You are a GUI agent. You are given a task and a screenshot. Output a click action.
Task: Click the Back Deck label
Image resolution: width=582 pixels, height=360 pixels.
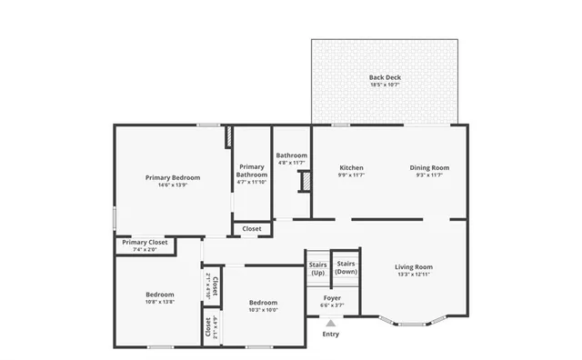point(385,77)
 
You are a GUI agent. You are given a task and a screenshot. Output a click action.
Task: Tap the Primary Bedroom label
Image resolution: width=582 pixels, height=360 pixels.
point(173,177)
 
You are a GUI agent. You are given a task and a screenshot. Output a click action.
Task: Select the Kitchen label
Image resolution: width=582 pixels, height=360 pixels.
point(352,167)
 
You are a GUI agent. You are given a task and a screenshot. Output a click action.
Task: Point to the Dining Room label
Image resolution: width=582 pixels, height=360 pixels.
point(429,167)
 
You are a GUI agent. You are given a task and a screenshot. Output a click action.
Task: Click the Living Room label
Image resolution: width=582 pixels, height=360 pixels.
point(414,266)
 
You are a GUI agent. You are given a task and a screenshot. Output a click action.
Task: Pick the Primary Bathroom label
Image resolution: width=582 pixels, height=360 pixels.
point(252,171)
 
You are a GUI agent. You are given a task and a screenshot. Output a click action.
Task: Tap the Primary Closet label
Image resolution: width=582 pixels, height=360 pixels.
point(145,243)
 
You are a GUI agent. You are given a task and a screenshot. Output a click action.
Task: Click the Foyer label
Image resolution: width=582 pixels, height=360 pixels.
point(332,297)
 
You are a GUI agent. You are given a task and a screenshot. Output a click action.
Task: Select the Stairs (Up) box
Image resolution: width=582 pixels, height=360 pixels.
point(317,268)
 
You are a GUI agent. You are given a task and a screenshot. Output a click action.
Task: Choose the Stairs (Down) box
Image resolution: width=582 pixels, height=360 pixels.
point(346,268)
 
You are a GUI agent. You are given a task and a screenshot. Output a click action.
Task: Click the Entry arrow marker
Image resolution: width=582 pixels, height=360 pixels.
point(331,322)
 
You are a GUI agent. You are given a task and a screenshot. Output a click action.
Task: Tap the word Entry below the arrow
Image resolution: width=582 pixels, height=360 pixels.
point(331,334)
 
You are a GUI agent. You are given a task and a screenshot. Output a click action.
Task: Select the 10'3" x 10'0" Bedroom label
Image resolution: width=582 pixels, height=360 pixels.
point(264,303)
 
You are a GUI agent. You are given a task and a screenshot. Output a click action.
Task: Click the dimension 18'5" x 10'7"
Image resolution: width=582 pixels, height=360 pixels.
point(385,87)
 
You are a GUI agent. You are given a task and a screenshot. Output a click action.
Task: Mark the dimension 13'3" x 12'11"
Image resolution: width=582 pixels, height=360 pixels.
point(414,274)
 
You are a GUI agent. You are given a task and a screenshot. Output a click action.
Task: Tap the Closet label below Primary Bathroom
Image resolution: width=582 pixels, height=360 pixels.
point(252,229)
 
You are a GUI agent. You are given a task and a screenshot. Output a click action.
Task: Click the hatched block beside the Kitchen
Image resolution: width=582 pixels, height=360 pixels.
point(306,181)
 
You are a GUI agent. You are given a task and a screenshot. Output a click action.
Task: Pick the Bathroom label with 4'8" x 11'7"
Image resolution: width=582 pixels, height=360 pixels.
point(292,155)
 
